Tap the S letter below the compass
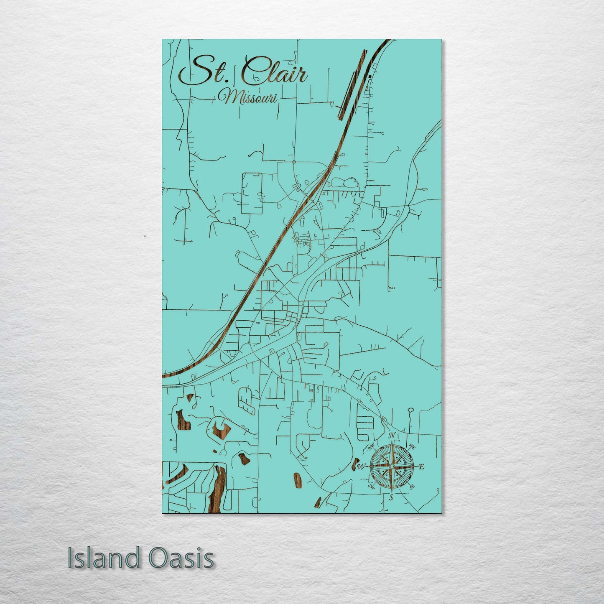[x=391, y=497]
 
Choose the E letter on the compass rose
[x=421, y=467]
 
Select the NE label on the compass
[x=412, y=446]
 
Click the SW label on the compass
[x=370, y=486]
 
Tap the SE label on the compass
[x=412, y=487]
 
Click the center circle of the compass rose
[x=392, y=466]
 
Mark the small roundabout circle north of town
[x=294, y=162]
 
